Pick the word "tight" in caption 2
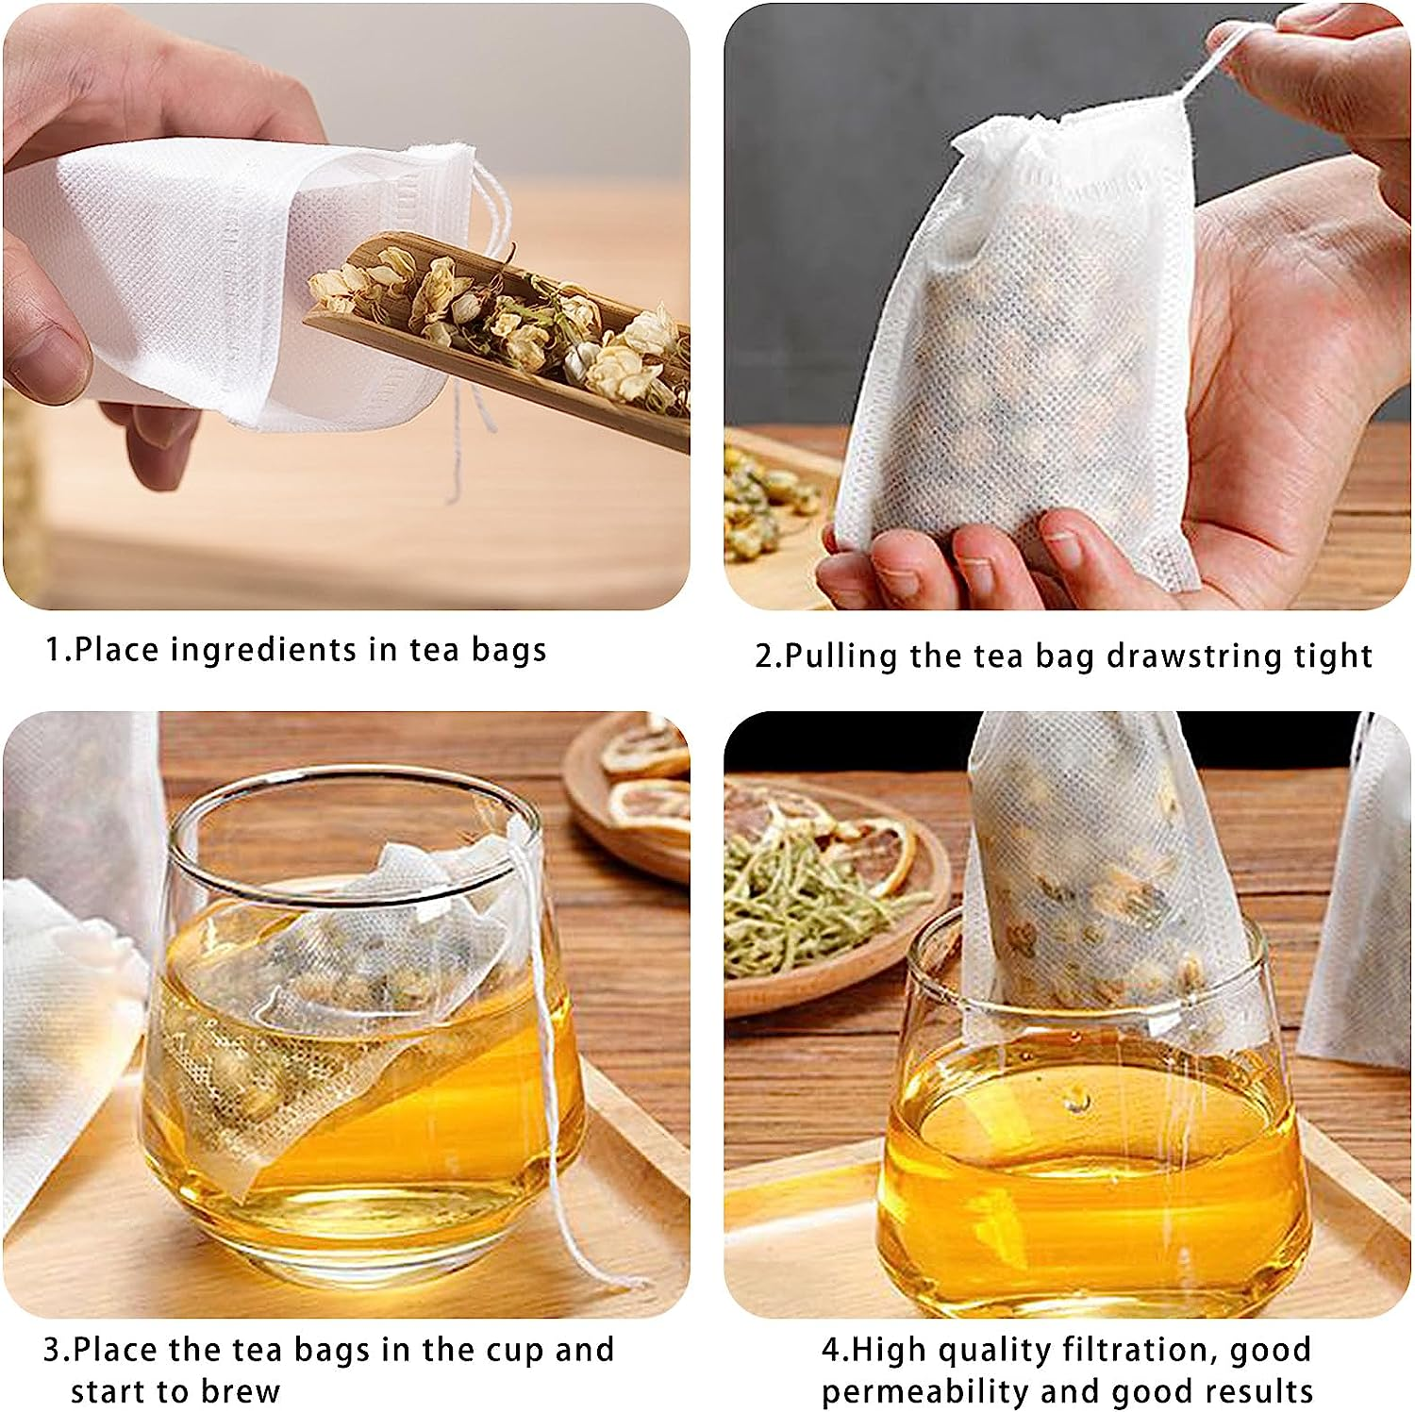coord(1333,656)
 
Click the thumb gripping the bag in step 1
coord(47,340)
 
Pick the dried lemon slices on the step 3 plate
coord(641,783)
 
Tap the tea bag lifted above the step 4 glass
coord(1085,868)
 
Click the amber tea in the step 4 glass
coord(1085,1160)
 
